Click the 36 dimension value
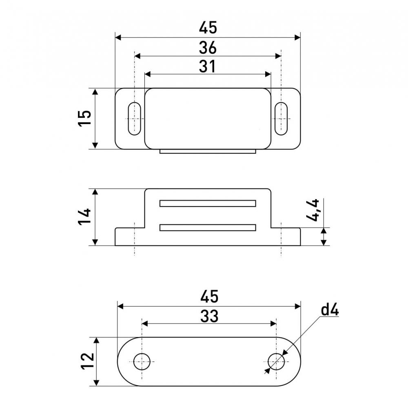(208, 48)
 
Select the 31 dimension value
(207, 67)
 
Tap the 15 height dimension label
(85, 118)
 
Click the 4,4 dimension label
(313, 210)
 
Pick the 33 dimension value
(209, 316)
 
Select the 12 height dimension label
(87, 361)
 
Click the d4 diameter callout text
(330, 310)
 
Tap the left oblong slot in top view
(134, 119)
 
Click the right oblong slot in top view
(281, 119)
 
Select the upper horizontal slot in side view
(208, 203)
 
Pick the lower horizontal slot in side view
(208, 227)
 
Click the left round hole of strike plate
(142, 361)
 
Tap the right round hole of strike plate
(276, 361)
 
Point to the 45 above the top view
(208, 28)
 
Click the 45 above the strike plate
(209, 297)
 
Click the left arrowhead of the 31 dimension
(148, 74)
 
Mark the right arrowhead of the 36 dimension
(278, 56)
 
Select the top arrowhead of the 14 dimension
(95, 192)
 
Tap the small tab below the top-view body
(208, 151)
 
